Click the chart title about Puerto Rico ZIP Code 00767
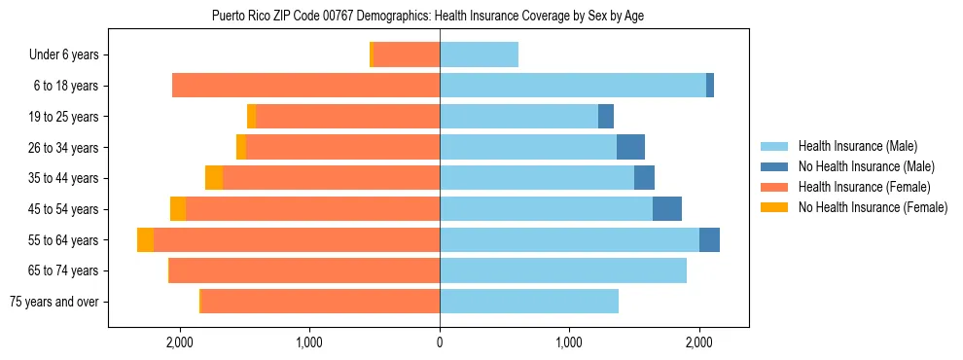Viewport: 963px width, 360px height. pos(427,16)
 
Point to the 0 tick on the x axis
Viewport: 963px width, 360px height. pos(440,342)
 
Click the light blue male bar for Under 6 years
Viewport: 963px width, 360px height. pos(479,55)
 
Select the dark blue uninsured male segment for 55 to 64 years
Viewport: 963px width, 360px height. pos(709,239)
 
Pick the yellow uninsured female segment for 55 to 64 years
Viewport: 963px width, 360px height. pos(145,239)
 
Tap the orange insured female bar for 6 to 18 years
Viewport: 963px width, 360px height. pos(305,86)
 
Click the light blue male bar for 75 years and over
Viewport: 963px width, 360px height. pos(529,302)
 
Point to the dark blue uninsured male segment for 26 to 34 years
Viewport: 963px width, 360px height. pos(630,147)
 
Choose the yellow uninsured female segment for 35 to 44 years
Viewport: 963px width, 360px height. pos(214,178)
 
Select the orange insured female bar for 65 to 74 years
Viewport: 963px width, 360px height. pos(304,270)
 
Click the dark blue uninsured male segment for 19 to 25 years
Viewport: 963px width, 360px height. pos(606,117)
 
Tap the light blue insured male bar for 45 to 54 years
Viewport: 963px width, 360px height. pos(546,209)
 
